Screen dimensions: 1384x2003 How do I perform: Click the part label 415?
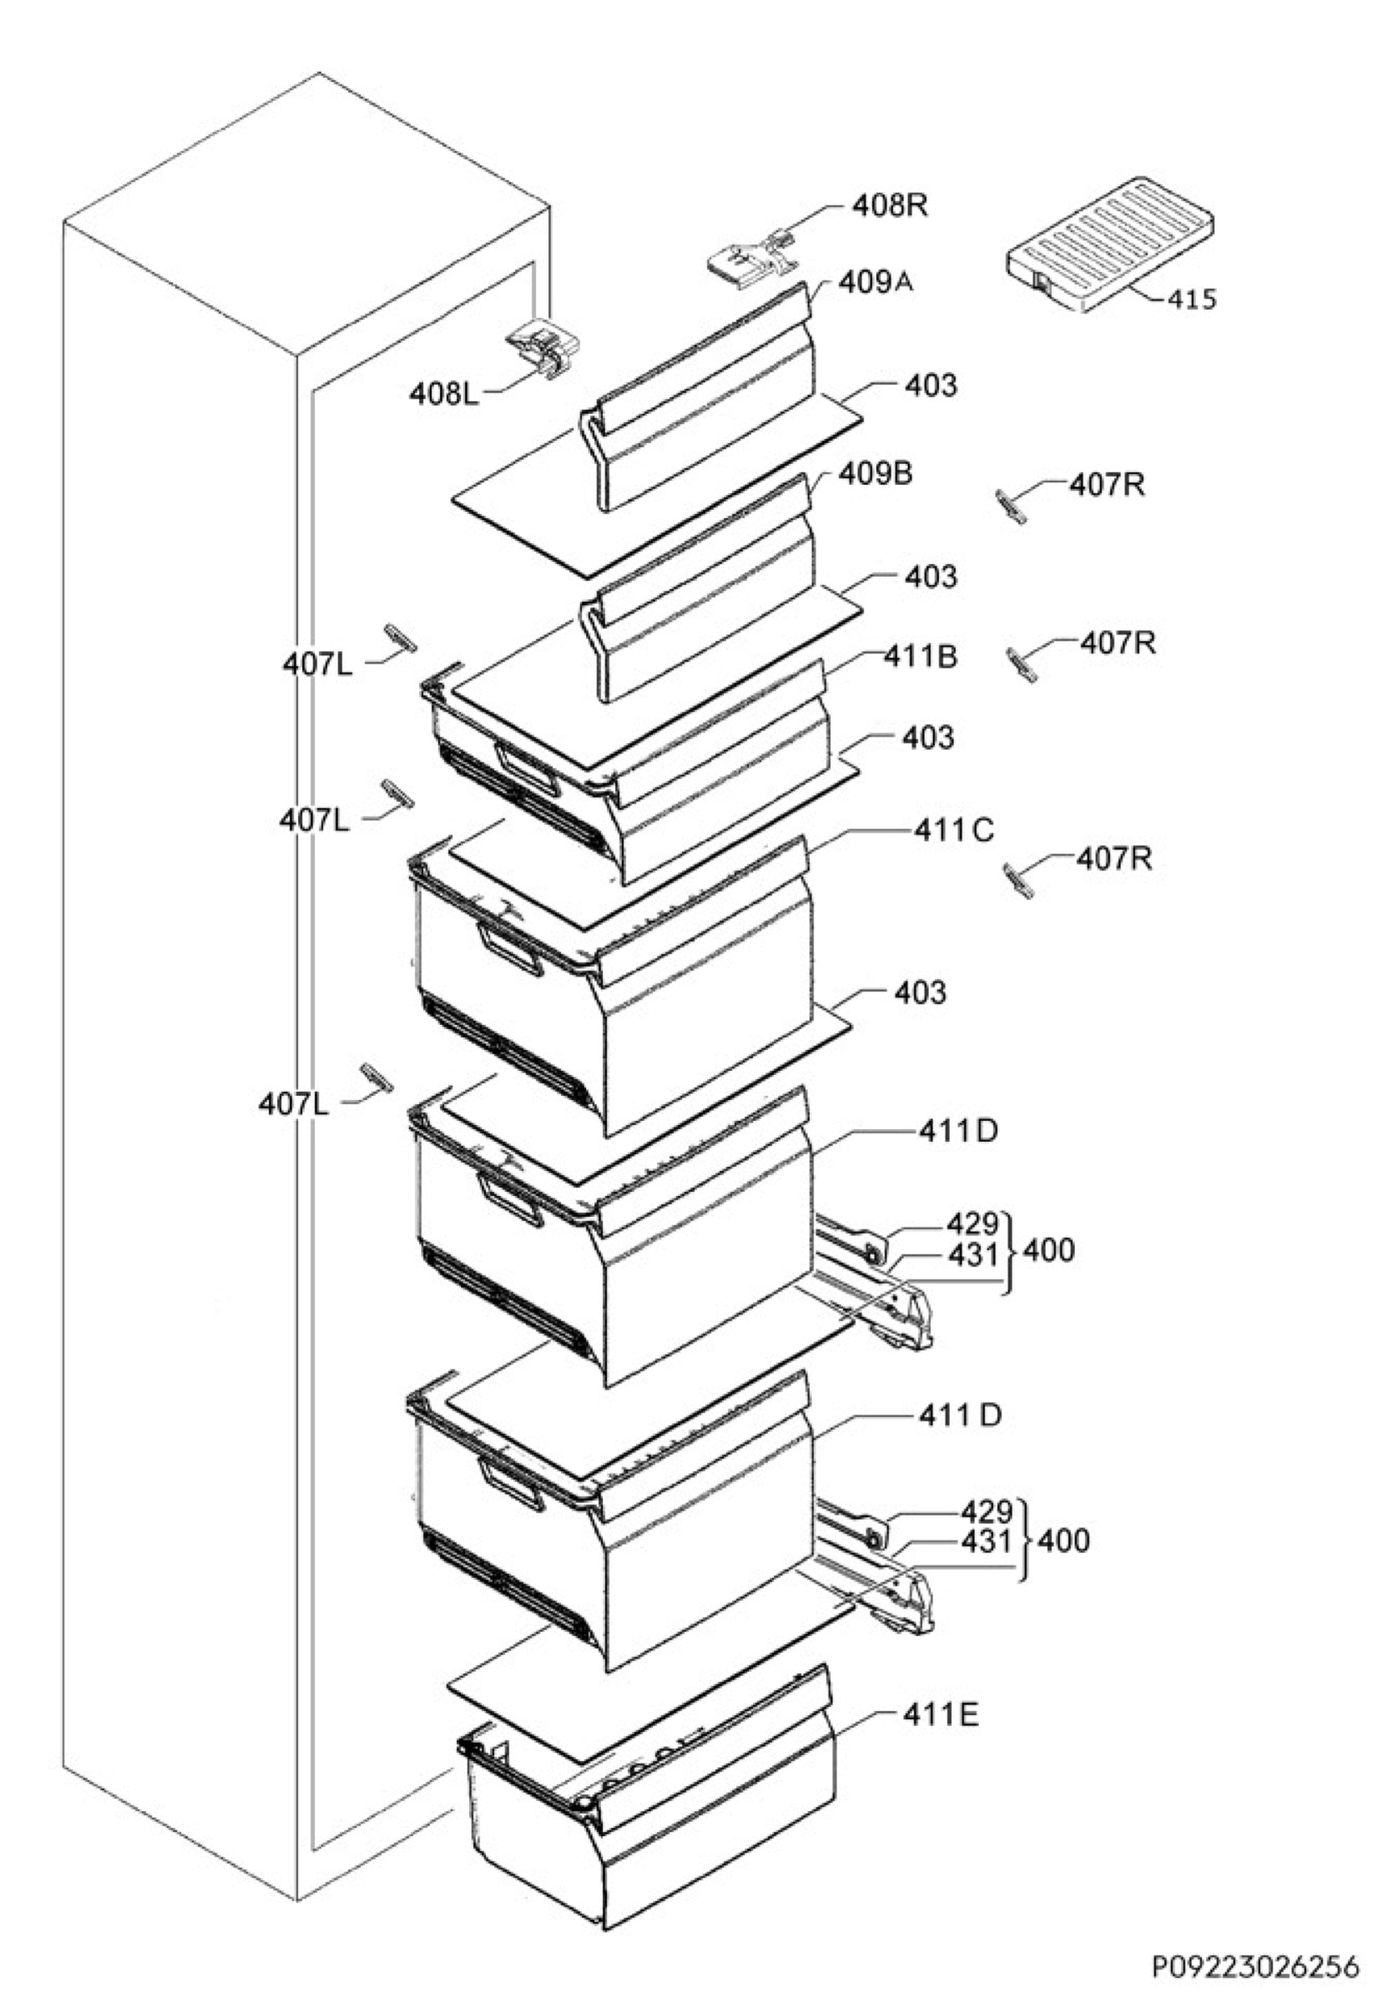(x=1191, y=299)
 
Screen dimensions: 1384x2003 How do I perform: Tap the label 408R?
(x=890, y=206)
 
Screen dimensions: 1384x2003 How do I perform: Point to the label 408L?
(x=444, y=395)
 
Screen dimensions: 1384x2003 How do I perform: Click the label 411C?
(x=954, y=830)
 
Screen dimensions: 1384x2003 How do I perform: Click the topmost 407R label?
(x=1107, y=486)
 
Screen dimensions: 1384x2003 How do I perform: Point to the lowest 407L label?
(x=294, y=1104)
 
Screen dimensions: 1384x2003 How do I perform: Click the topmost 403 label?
(x=931, y=385)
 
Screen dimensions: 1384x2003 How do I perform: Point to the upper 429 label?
(x=974, y=1224)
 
